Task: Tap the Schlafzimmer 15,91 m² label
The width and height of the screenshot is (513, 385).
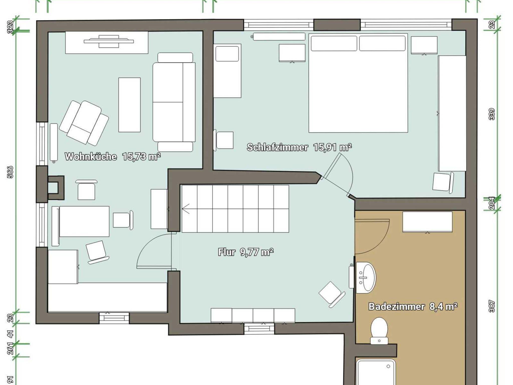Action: (x=299, y=147)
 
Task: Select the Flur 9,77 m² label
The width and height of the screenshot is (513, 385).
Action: (x=246, y=252)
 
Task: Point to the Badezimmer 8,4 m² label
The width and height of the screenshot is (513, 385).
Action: (x=413, y=306)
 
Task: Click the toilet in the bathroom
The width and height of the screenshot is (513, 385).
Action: (x=379, y=331)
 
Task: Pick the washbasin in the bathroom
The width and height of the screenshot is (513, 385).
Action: (x=366, y=278)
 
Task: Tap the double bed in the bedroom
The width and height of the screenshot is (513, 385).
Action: (x=358, y=83)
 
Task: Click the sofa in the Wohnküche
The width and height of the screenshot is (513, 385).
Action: (x=174, y=102)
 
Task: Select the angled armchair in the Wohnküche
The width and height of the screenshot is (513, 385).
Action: (x=84, y=123)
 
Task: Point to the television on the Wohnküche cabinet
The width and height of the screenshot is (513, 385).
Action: (x=109, y=41)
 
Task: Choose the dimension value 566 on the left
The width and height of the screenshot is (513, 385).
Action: (x=10, y=172)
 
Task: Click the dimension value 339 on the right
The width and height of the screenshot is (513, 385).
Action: (x=492, y=114)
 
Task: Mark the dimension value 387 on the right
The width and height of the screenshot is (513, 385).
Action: (x=492, y=306)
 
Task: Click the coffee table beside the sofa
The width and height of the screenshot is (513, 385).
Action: (x=130, y=105)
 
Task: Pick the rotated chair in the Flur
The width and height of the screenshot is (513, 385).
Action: (x=332, y=294)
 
